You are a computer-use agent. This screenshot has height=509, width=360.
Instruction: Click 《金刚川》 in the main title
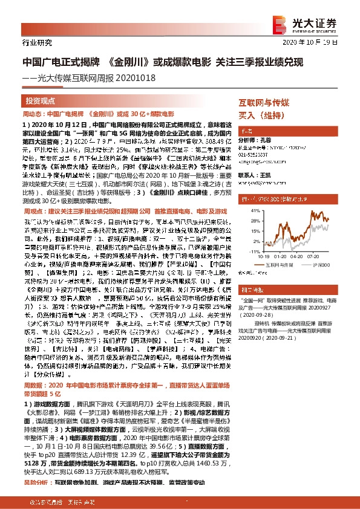pyautogui.click(x=128, y=62)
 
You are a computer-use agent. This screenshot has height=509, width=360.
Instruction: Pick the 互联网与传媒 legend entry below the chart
pyautogui.click(x=275, y=265)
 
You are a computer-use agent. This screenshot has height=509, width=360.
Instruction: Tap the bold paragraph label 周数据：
pyautogui.click(x=34, y=384)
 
